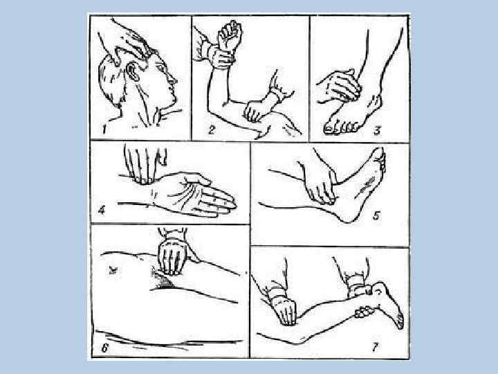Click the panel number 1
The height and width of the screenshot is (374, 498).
click(104, 130)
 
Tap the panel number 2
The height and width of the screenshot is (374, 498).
click(212, 130)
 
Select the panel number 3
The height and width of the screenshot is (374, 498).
click(377, 131)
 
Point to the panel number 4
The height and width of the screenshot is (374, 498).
click(102, 211)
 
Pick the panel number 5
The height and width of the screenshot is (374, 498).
click(376, 216)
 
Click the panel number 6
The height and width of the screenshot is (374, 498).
click(105, 348)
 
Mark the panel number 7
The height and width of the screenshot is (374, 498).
click(375, 347)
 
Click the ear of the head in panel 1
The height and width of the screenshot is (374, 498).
click(132, 72)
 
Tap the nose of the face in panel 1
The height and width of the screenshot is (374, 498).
click(172, 80)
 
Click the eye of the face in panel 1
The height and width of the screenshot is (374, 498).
click(161, 68)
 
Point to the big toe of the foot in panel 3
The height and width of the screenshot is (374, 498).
click(329, 129)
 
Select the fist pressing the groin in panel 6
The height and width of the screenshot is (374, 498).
click(172, 257)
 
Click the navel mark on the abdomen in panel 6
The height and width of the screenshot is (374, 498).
click(112, 271)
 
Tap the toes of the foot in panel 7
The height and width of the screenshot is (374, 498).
click(400, 321)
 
